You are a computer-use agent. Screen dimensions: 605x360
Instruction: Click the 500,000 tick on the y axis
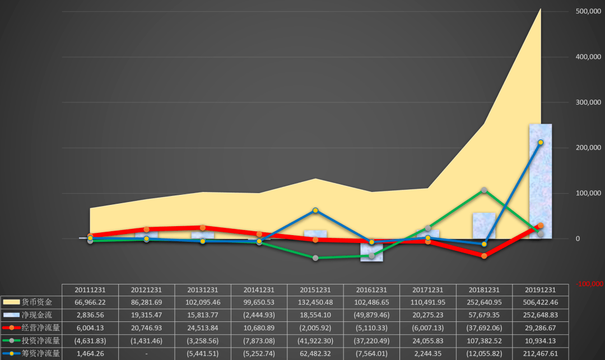(x=588, y=11)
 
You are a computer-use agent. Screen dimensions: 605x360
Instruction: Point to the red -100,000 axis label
(x=589, y=284)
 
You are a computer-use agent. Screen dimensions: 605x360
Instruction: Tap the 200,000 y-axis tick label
(x=588, y=148)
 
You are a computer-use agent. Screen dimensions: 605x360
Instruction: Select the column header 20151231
(x=315, y=290)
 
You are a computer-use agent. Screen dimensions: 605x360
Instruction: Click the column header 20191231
(x=540, y=290)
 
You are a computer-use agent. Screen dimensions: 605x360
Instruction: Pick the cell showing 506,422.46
(x=540, y=302)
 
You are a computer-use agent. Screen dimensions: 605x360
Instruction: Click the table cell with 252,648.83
(x=540, y=315)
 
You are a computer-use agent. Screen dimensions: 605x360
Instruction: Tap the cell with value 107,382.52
(x=484, y=341)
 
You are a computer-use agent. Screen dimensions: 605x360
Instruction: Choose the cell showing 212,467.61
(x=540, y=354)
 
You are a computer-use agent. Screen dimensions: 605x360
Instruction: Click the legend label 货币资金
(x=36, y=302)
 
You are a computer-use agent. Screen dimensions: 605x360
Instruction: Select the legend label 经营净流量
(x=40, y=328)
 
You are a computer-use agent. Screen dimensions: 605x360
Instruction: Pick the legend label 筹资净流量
(x=40, y=353)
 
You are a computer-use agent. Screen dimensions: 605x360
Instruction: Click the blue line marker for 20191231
(x=541, y=143)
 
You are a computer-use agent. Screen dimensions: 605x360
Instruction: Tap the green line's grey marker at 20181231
(x=484, y=190)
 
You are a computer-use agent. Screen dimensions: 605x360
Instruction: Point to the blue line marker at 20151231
(x=315, y=211)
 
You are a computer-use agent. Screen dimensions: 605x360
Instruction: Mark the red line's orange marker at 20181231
(x=484, y=256)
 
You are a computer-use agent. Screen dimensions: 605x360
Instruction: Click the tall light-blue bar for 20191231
(x=540, y=181)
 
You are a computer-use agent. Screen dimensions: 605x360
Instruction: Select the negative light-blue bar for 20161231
(x=371, y=250)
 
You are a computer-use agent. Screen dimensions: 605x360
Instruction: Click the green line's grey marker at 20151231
(x=315, y=258)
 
